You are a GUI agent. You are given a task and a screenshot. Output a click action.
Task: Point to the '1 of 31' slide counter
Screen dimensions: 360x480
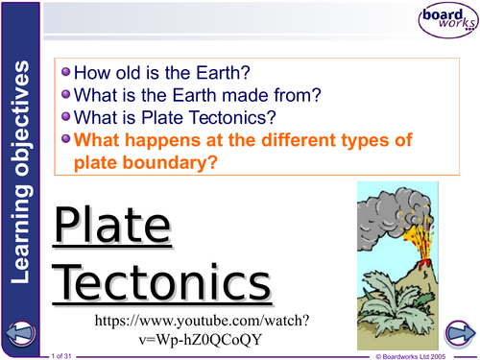[x=68, y=355]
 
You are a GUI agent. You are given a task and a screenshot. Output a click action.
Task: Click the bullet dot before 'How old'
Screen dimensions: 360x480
[x=65, y=72]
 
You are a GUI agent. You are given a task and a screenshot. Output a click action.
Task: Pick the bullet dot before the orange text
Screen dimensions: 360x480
[x=65, y=140]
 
